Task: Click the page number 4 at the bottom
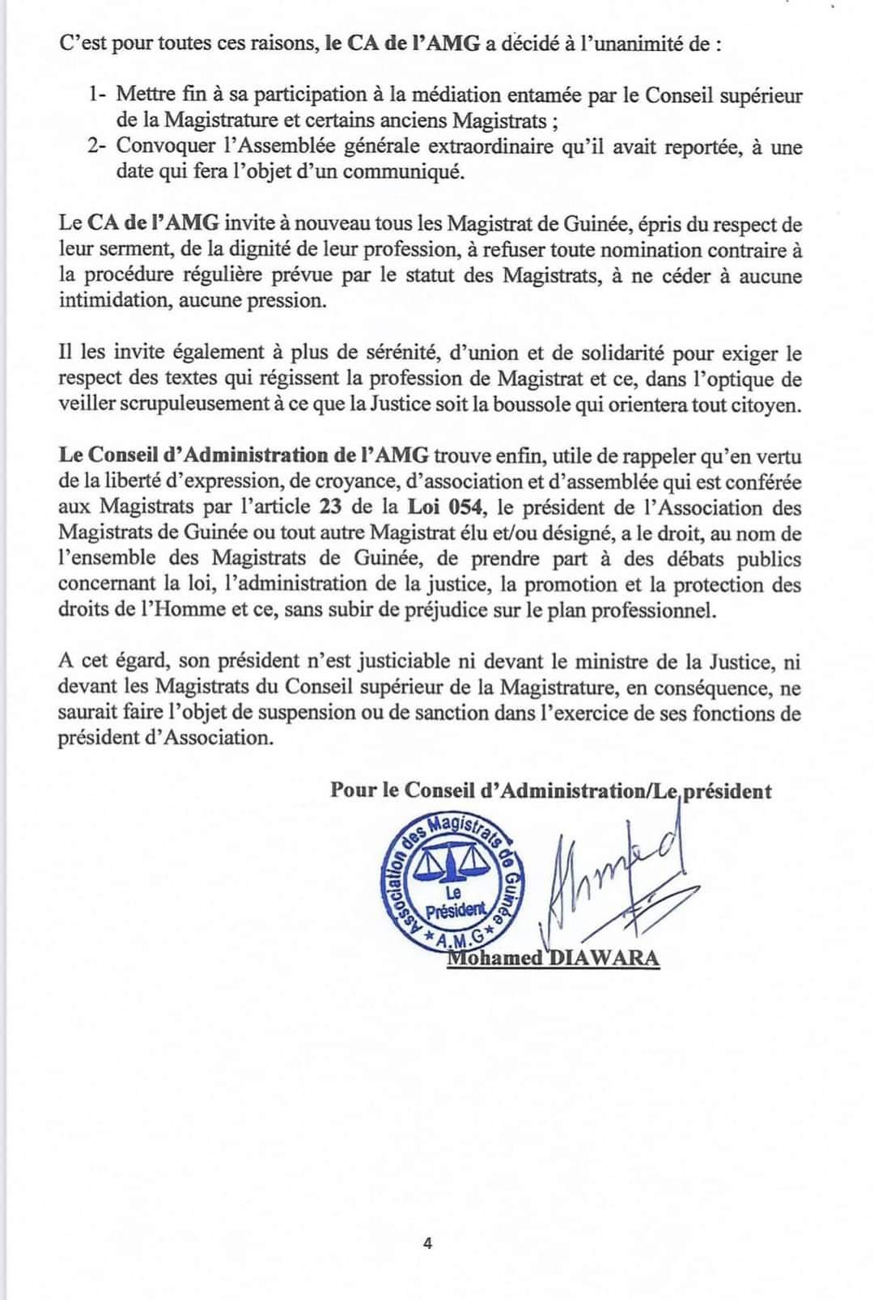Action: [x=427, y=1243]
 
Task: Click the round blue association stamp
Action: [x=452, y=884]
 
